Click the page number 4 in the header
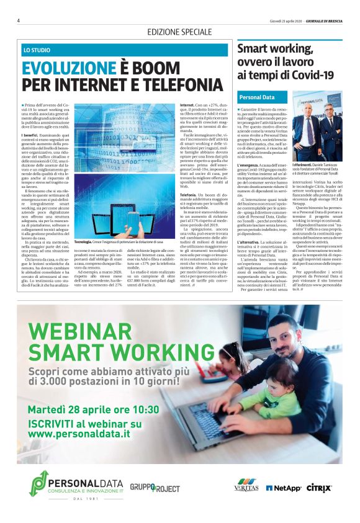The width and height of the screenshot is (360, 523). point(19,20)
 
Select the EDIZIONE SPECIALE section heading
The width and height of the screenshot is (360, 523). point(179,32)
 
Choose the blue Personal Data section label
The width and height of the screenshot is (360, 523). point(257,97)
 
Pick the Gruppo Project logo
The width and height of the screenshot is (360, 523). point(155,487)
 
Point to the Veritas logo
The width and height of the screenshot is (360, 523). point(246,488)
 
